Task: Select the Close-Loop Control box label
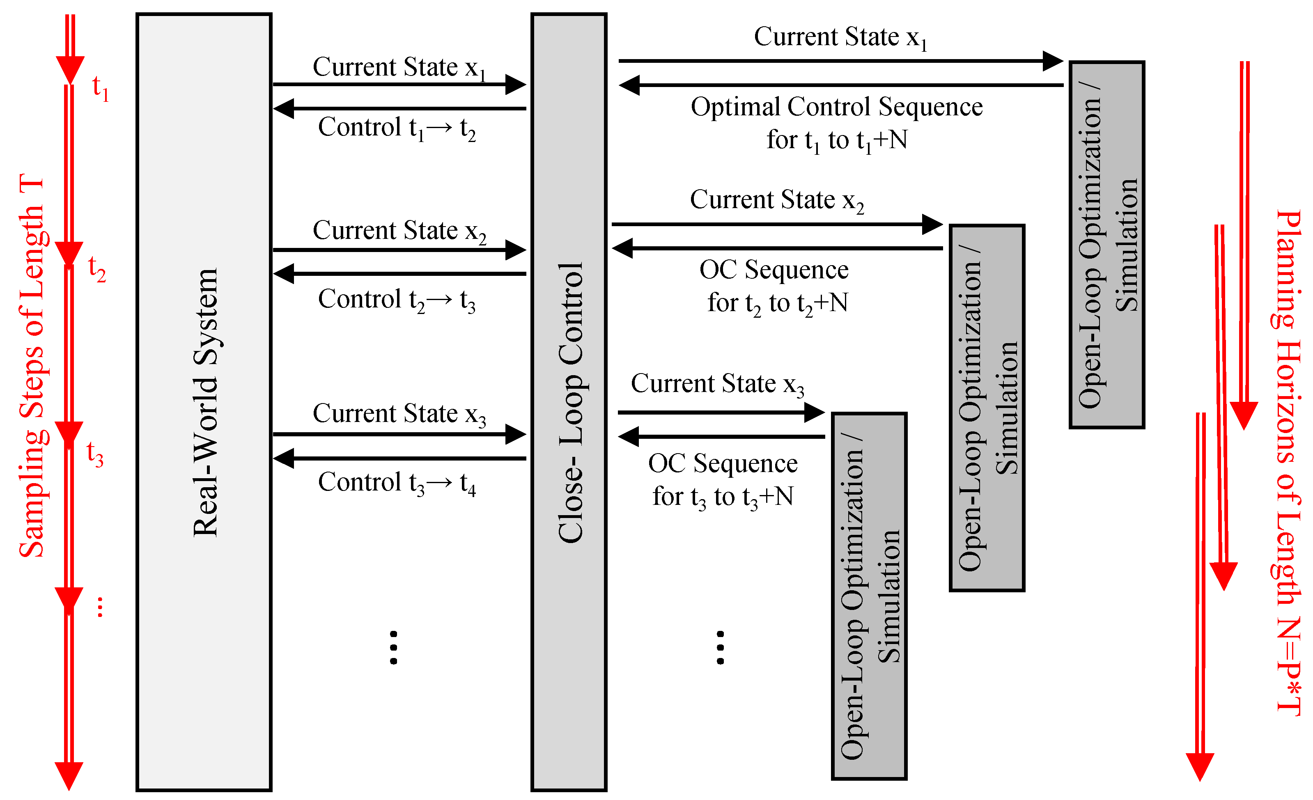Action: pos(570,402)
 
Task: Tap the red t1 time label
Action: pos(100,87)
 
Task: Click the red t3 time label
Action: pos(95,454)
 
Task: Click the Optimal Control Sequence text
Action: pos(837,107)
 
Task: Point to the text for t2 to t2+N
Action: pos(778,304)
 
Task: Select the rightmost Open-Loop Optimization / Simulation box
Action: pos(1107,245)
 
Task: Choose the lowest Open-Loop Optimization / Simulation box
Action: pos(869,596)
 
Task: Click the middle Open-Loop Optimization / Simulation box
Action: pos(987,408)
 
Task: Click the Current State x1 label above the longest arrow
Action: pos(840,37)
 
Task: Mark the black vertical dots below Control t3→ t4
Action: pos(393,648)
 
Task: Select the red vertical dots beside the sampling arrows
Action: pos(100,607)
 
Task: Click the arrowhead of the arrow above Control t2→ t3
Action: pos(283,274)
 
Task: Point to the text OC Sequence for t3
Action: pos(723,463)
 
